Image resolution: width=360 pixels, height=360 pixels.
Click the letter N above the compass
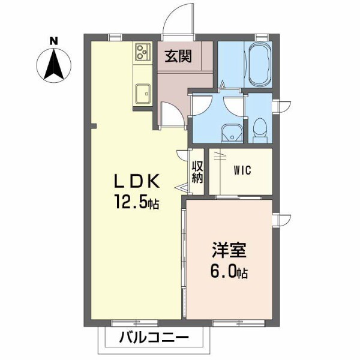pos(53,41)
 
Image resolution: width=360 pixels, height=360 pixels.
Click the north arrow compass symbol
pos(54,65)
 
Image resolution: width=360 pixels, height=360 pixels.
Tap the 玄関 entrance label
pos(178,57)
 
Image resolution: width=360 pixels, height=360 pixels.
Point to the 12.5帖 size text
pos(137,203)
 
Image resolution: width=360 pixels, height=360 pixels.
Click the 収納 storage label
pos(197,172)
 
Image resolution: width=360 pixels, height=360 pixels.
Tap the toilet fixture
pos(260,128)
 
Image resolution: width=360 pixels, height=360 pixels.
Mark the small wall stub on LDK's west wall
pos(94,125)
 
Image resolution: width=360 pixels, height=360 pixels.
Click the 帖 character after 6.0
pos(242,274)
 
